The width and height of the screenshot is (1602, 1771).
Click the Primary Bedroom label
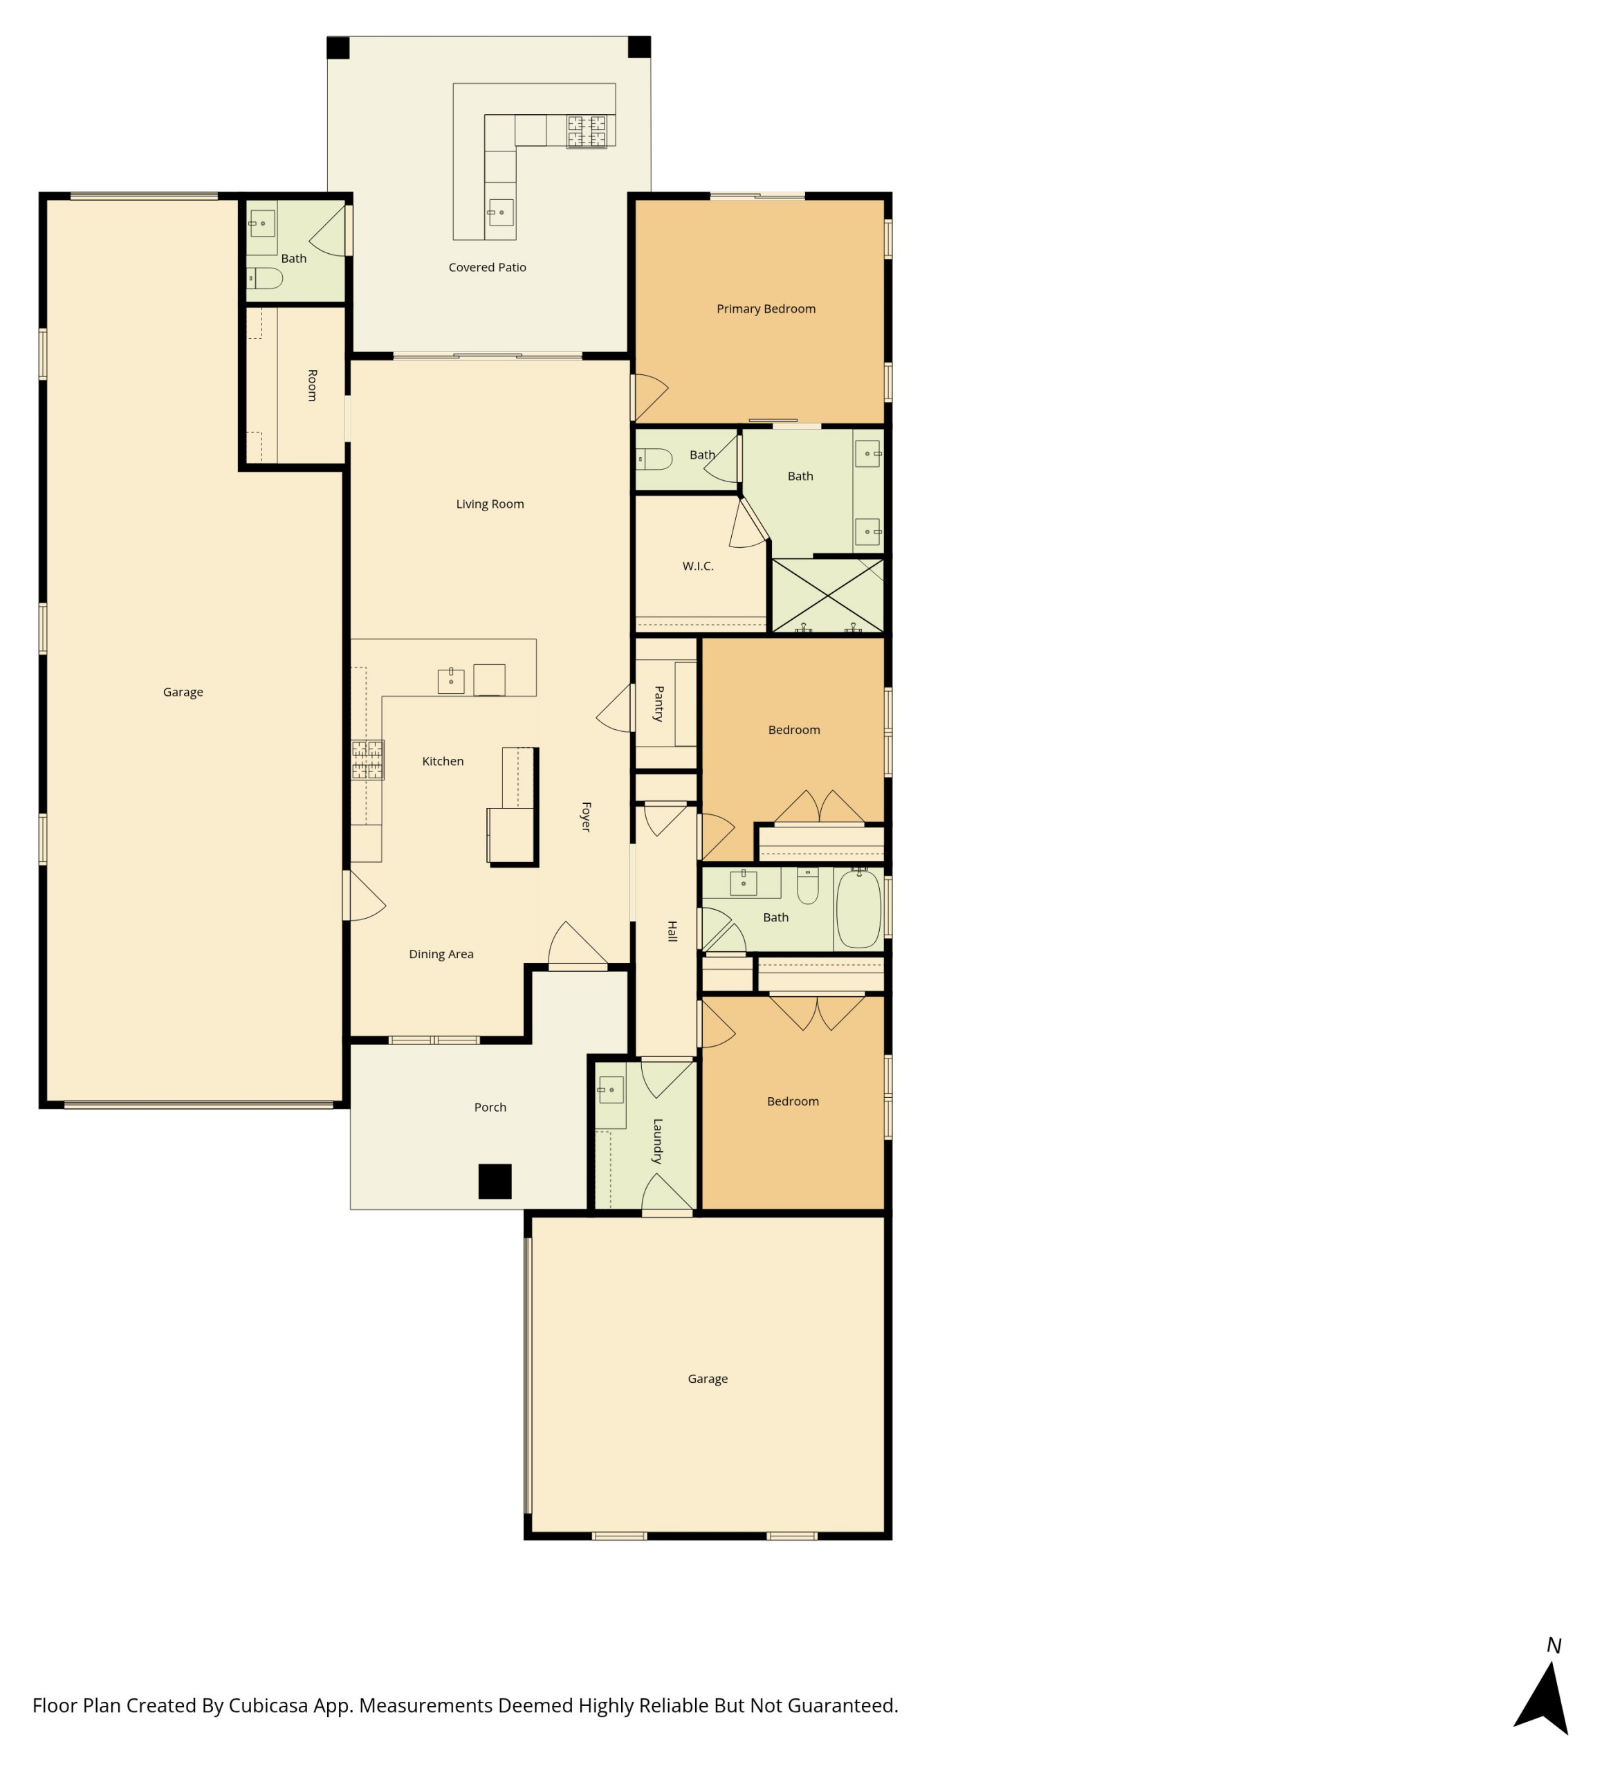(765, 309)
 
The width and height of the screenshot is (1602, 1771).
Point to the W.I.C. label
(697, 566)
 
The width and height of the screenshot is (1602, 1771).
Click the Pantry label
(659, 704)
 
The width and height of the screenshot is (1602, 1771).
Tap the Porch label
(490, 1107)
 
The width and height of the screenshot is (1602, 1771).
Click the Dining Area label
(441, 954)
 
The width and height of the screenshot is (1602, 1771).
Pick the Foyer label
(585, 816)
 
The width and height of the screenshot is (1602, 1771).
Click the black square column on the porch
(495, 1181)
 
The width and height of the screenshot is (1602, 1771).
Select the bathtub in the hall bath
(858, 908)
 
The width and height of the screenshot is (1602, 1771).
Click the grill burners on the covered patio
(586, 131)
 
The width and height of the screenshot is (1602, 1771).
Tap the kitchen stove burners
(367, 760)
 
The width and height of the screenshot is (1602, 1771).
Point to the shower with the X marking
(827, 596)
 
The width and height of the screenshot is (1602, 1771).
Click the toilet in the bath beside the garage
(264, 279)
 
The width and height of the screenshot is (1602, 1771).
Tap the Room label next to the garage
(312, 385)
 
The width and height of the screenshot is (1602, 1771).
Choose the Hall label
(672, 931)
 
